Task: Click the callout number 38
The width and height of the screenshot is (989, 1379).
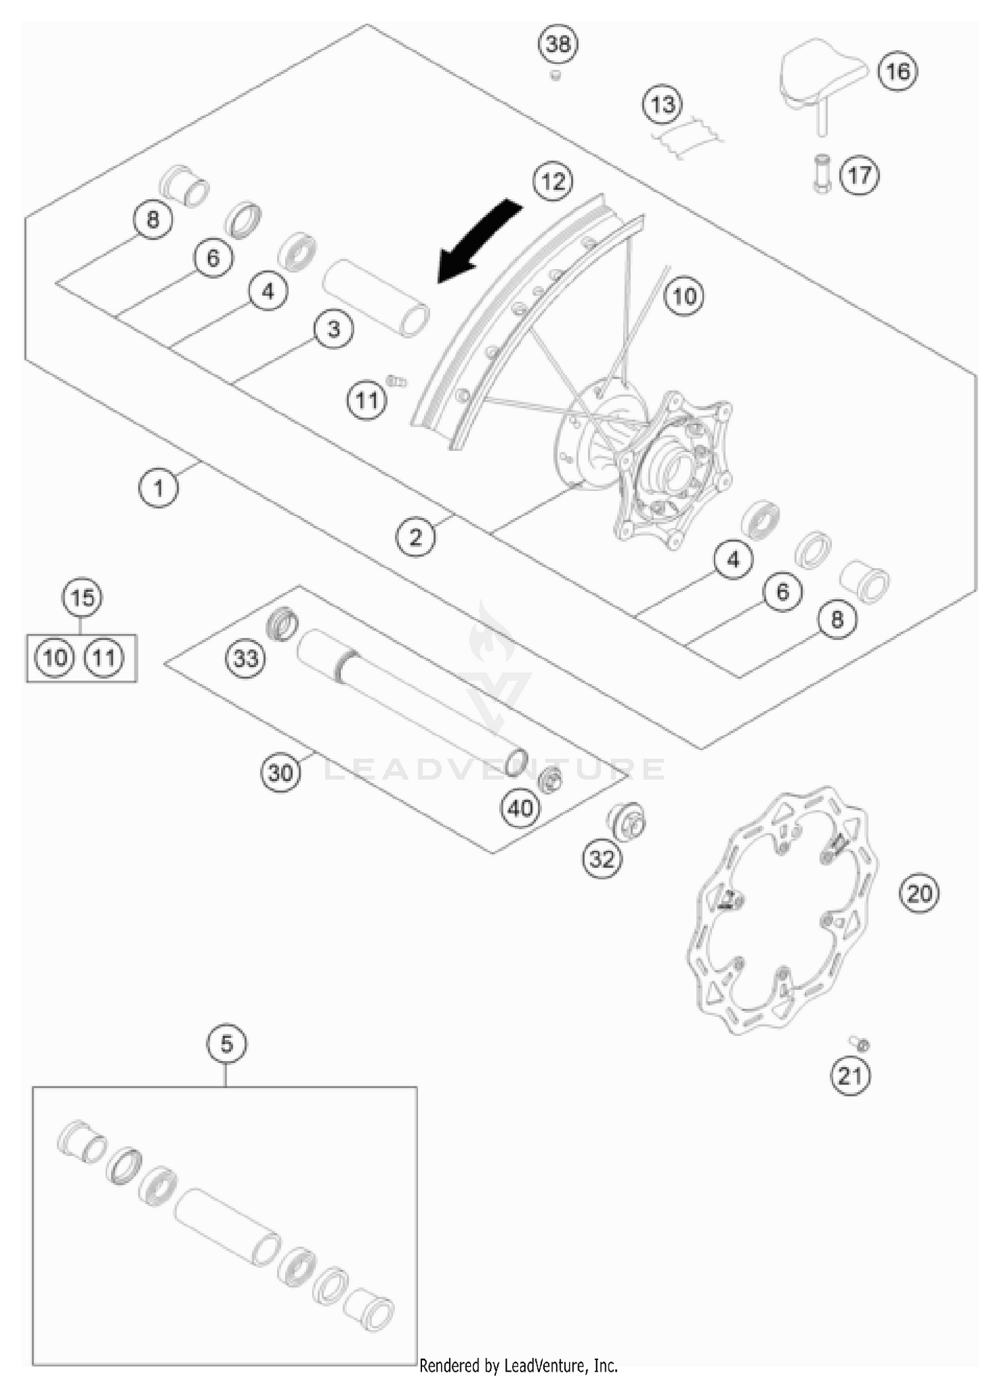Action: click(x=558, y=44)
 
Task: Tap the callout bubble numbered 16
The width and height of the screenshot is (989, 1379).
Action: click(x=897, y=71)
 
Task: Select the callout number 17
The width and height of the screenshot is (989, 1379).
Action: click(x=859, y=176)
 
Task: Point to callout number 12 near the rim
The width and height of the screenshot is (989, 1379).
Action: click(x=553, y=181)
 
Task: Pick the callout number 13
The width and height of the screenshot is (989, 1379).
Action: click(x=662, y=104)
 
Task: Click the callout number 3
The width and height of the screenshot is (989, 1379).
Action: click(x=334, y=329)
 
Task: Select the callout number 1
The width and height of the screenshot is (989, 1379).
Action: click(x=158, y=488)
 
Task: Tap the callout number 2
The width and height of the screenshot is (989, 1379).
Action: click(x=415, y=537)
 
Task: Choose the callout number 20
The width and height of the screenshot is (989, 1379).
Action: click(x=919, y=894)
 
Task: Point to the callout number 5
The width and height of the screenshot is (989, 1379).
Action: click(x=226, y=1044)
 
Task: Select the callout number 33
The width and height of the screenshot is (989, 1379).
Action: click(x=245, y=658)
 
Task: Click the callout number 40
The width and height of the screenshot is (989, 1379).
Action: click(x=520, y=808)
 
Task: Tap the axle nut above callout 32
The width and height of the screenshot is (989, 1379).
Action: click(x=625, y=822)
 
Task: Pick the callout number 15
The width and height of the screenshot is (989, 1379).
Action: click(x=82, y=598)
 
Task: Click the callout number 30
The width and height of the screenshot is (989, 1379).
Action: click(x=280, y=772)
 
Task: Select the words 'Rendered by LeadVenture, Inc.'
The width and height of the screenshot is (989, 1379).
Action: click(x=518, y=1364)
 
